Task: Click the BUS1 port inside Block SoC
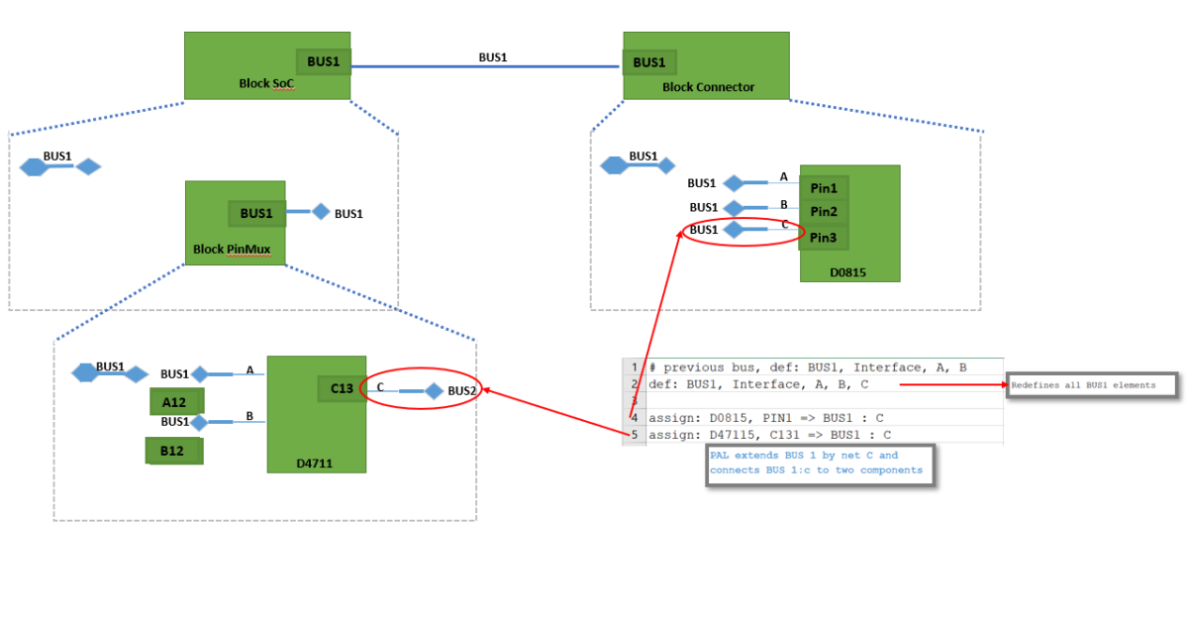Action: click(x=323, y=62)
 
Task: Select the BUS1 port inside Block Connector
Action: click(x=649, y=62)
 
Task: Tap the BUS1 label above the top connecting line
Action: click(x=493, y=57)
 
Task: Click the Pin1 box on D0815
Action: click(x=824, y=188)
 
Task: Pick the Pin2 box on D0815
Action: click(x=824, y=212)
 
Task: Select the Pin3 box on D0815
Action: click(x=824, y=238)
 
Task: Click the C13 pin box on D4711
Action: click(x=342, y=389)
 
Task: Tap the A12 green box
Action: click(x=176, y=401)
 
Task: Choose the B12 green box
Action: click(x=174, y=451)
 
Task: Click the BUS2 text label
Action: click(x=462, y=391)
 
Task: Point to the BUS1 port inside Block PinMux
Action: click(x=256, y=213)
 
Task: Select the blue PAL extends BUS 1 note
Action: click(x=821, y=464)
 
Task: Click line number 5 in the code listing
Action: click(x=634, y=434)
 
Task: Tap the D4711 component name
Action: click(x=316, y=463)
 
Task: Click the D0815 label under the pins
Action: click(x=850, y=272)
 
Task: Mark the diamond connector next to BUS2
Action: click(x=433, y=391)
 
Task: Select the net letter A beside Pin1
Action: click(x=784, y=177)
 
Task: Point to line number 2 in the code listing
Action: click(x=634, y=384)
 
